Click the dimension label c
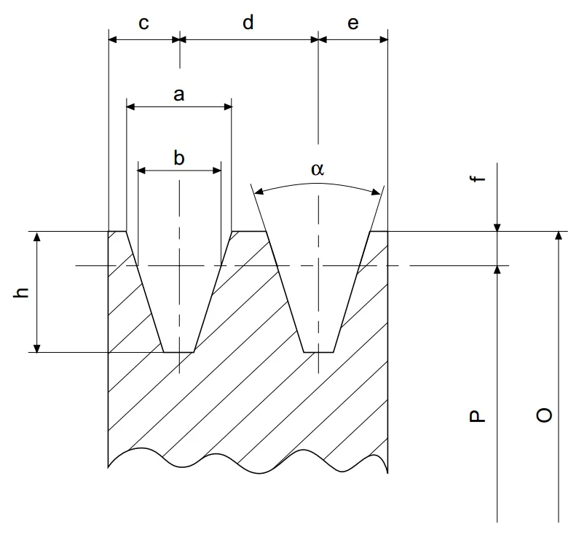coord(143,23)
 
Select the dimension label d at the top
coord(248,22)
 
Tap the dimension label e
coord(353,23)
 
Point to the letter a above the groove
coord(179,95)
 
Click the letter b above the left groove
coord(179,158)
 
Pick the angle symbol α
coord(318,169)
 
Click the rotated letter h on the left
coord(21,292)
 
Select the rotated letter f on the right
coord(477,179)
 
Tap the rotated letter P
coord(477,416)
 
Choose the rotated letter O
coord(544,415)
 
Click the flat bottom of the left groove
coord(178,352)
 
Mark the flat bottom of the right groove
coord(319,352)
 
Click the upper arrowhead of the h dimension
coord(37,237)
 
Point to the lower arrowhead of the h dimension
coord(37,348)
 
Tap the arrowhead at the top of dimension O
coord(559,236)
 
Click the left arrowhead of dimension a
coord(130,107)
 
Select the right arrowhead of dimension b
coord(217,171)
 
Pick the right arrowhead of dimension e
coord(384,39)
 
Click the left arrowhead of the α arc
coord(259,192)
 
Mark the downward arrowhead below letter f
coord(497,227)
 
